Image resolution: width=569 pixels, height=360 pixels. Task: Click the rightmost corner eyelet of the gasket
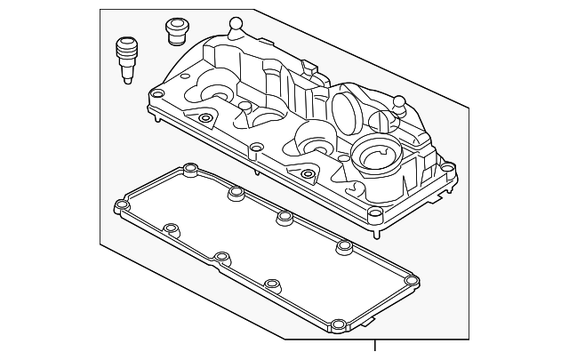pyautogui.click(x=411, y=283)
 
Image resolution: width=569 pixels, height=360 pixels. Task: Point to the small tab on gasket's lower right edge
pyautogui.click(x=371, y=314)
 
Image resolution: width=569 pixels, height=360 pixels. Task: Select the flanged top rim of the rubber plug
pyautogui.click(x=174, y=24)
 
